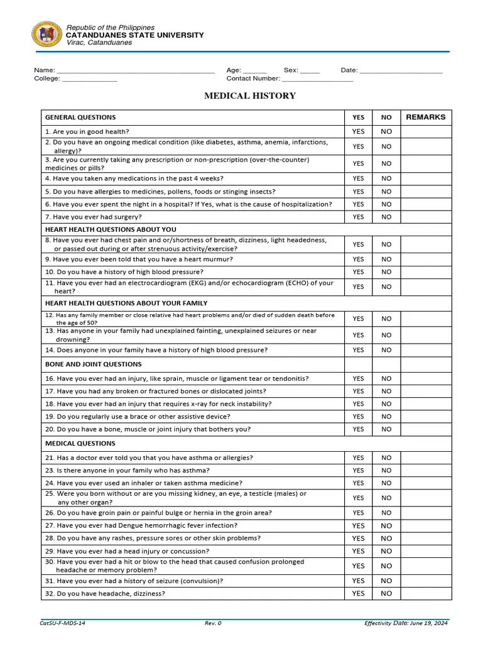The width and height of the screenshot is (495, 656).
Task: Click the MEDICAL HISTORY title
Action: tap(249, 96)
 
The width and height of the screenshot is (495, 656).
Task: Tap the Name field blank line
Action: tap(135, 70)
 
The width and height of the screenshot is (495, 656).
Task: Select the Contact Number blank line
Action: tap(317, 79)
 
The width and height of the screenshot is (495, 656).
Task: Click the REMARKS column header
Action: tap(425, 117)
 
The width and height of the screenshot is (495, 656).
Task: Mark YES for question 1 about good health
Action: tap(358, 132)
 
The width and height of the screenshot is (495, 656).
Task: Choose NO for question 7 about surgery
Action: tap(386, 217)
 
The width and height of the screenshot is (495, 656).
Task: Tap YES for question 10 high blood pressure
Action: tap(358, 272)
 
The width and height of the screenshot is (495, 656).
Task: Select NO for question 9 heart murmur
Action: tap(386, 259)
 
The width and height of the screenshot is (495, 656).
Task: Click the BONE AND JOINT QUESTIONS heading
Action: tap(94, 364)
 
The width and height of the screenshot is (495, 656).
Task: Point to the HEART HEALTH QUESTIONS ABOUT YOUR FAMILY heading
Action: tap(126, 303)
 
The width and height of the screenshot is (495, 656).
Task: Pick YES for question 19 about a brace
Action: tap(358, 417)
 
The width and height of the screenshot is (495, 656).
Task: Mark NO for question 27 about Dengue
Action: tap(386, 526)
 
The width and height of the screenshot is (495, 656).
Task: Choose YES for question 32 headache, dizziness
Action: tap(358, 593)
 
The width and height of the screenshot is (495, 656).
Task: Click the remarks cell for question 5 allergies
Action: tap(426, 192)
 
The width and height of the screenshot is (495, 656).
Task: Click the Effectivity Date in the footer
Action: tap(406, 623)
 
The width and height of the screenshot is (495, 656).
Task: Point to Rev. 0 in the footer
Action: tap(213, 623)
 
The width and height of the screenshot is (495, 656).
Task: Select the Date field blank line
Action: tap(401, 70)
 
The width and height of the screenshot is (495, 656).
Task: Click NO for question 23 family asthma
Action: tap(386, 471)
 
